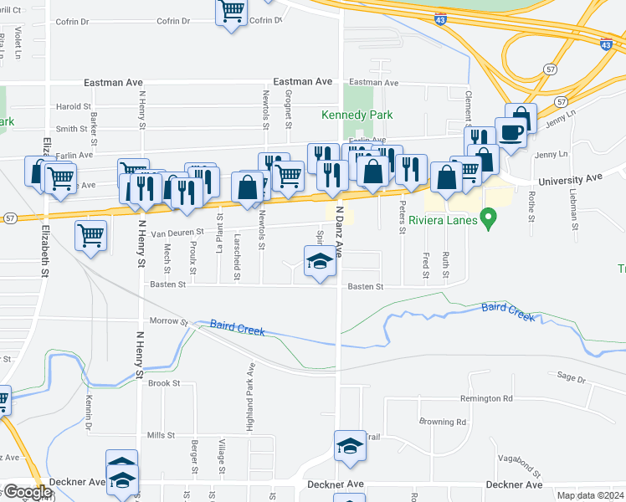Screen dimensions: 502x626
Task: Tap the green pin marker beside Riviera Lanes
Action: tap(492, 221)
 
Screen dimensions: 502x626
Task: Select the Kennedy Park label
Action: tap(357, 115)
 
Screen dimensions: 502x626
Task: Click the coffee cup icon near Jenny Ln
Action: tap(511, 131)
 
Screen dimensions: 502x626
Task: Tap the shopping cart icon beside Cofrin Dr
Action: tap(232, 13)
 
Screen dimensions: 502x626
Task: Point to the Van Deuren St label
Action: tap(177, 233)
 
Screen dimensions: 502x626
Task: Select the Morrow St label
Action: tap(169, 320)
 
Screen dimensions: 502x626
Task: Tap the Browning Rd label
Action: tap(443, 423)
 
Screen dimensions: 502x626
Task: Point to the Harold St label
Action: tap(74, 107)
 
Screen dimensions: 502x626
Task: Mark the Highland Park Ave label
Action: tap(250, 397)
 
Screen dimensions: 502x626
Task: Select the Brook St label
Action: tap(164, 383)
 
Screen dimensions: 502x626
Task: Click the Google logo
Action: tap(27, 492)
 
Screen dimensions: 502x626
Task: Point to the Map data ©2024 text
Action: tap(590, 495)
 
